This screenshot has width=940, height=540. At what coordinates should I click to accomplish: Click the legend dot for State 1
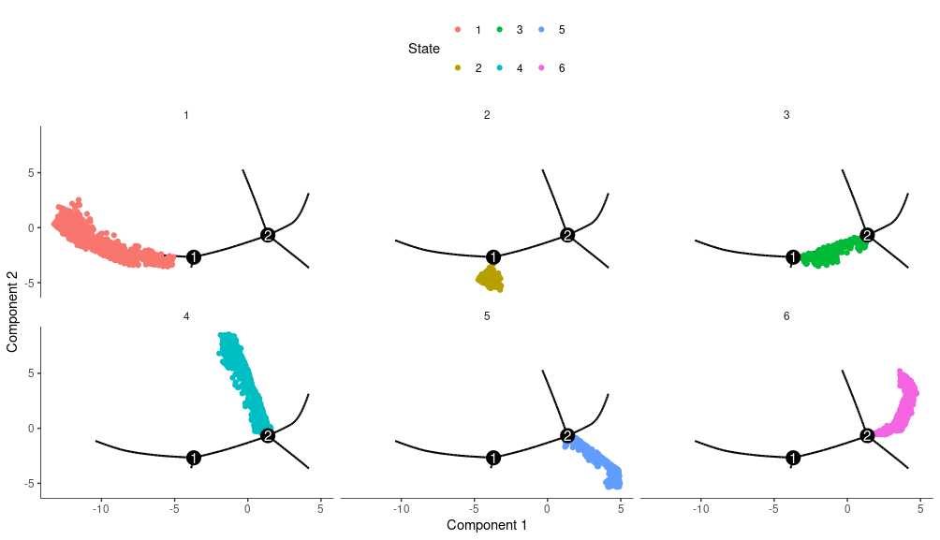click(x=458, y=30)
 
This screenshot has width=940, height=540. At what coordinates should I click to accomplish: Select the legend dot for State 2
click(x=458, y=68)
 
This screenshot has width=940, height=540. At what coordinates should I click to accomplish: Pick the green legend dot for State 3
click(x=499, y=30)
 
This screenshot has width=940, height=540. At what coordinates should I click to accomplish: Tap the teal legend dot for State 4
click(x=499, y=68)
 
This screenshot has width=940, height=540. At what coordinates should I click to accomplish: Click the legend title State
click(x=424, y=49)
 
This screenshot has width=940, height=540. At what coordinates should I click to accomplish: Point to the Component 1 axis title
click(x=486, y=525)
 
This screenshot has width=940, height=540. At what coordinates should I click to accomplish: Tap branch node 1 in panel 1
click(x=194, y=256)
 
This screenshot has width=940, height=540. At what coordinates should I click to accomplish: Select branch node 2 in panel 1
click(x=268, y=235)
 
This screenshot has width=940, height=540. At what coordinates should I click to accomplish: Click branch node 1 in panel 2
click(x=493, y=256)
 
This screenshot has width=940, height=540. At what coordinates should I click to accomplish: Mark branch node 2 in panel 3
click(x=867, y=235)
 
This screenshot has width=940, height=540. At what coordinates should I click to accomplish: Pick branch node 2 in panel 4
click(x=268, y=435)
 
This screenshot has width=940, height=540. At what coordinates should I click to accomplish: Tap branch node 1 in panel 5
click(x=493, y=458)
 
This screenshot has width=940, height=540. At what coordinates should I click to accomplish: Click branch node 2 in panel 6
click(x=867, y=435)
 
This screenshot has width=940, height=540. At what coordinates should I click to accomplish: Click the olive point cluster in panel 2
click(x=490, y=278)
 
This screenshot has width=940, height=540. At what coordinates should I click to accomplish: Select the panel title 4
click(x=186, y=316)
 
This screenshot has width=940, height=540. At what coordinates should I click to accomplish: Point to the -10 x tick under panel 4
click(x=101, y=509)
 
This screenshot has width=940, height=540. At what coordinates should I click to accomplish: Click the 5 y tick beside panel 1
click(x=31, y=173)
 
